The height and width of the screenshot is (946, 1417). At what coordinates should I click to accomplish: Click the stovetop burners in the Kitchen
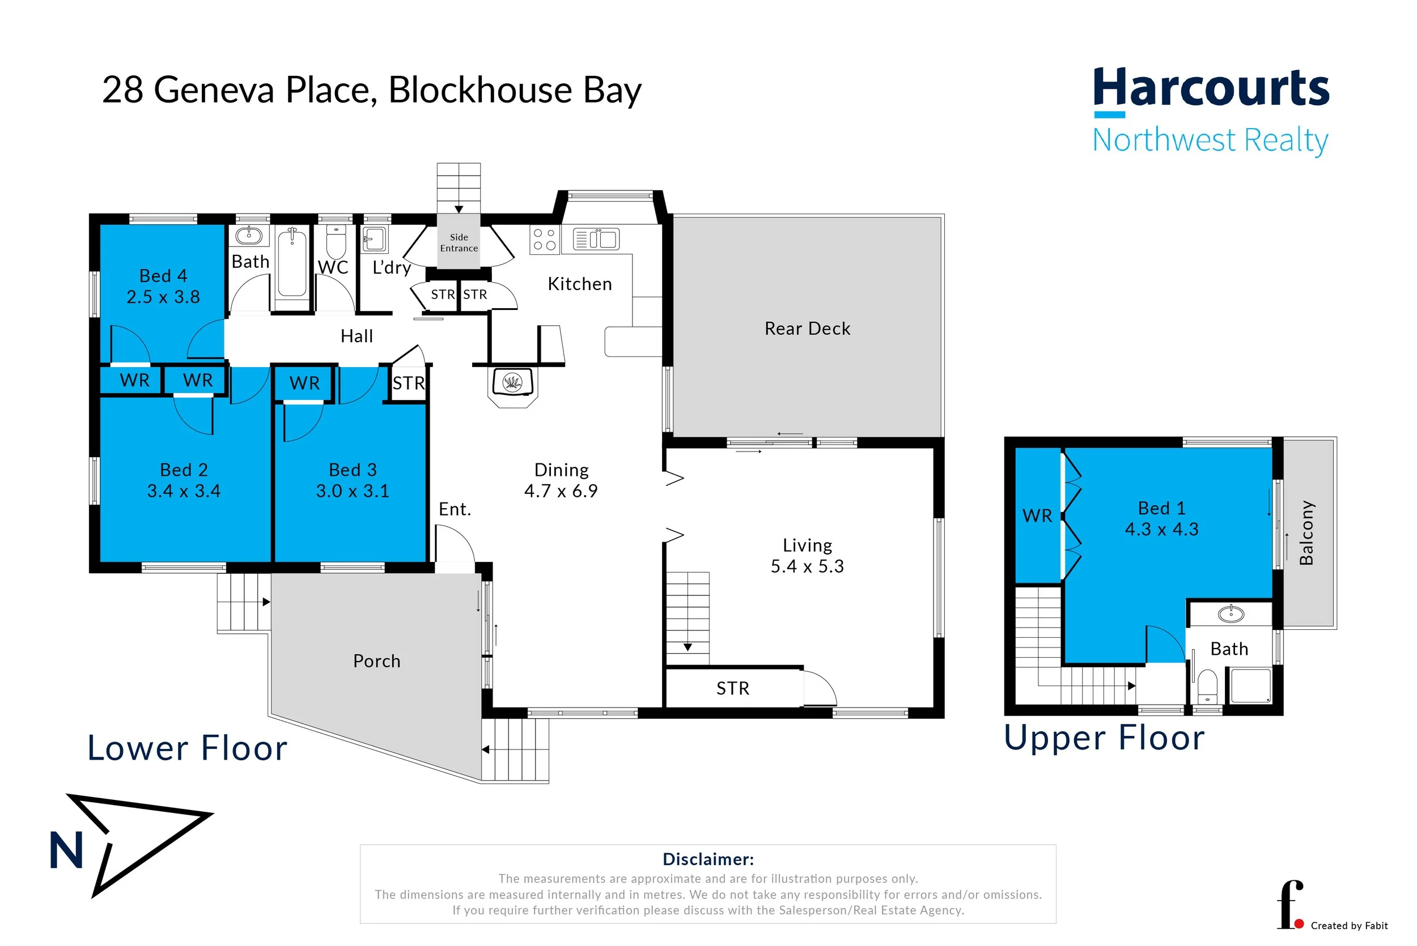544,239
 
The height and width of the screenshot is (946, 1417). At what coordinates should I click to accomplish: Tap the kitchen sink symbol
596,240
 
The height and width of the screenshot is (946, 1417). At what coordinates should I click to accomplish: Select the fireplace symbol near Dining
512,382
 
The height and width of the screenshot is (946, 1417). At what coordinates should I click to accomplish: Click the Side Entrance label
459,242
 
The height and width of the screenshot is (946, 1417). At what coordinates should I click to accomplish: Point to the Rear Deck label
807,329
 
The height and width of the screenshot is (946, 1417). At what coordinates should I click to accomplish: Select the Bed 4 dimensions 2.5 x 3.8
163,297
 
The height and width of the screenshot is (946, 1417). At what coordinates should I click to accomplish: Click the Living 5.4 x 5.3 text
807,556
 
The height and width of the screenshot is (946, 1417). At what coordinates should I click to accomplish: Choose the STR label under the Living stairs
733,688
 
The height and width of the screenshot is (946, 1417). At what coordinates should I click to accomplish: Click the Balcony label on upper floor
1306,532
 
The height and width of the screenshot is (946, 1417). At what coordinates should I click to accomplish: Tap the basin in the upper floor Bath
1231,615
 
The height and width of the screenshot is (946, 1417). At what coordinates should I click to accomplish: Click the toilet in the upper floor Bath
1207,687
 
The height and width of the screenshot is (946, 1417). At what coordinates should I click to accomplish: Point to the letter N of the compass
66,851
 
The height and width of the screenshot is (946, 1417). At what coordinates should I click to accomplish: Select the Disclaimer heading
708,859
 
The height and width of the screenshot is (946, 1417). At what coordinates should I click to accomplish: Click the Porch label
376,661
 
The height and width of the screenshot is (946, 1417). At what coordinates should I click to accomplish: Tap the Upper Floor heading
1104,737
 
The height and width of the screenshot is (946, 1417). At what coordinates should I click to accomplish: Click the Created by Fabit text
1349,926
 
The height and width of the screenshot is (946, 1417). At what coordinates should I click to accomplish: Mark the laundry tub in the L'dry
375,239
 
